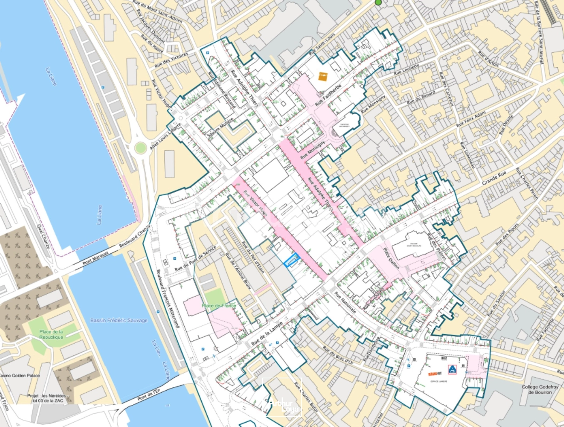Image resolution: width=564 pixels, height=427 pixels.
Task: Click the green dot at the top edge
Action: (x=379, y=2)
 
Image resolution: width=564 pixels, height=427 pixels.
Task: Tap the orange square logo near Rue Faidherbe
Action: (x=323, y=76)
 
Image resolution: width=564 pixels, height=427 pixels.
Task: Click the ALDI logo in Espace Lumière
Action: (x=452, y=370)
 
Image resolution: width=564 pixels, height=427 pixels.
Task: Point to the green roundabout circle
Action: (x=140, y=148)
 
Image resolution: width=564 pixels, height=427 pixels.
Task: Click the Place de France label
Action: (x=219, y=306)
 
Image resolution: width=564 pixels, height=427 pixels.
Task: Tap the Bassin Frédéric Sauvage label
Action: (x=119, y=320)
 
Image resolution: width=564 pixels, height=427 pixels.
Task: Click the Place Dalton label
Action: (x=391, y=259)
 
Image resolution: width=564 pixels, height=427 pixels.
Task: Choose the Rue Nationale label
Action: (x=345, y=302)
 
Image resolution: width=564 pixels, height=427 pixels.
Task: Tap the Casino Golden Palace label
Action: (x=20, y=375)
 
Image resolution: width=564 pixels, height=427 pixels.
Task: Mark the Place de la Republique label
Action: (x=51, y=334)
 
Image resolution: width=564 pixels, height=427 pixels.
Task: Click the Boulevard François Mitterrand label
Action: (x=168, y=299)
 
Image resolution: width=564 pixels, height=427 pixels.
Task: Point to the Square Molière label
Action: (x=220, y=128)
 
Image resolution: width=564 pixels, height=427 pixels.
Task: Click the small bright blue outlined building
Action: (x=292, y=259)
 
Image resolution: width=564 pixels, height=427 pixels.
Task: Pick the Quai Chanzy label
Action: (x=44, y=236)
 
